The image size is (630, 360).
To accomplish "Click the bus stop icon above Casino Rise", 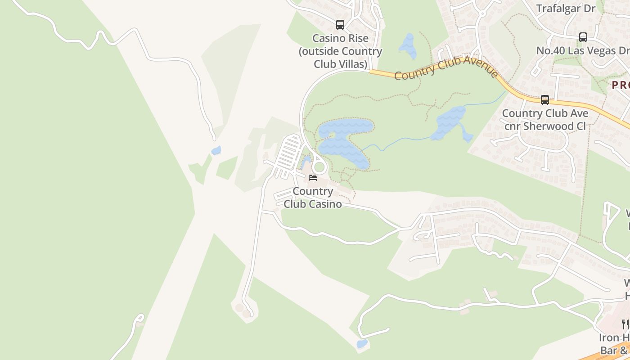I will [340, 25].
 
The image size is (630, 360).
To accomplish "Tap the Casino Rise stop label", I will [341, 51].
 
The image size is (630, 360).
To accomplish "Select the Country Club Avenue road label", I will [446, 68].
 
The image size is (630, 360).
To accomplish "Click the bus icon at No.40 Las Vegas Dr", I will [583, 37].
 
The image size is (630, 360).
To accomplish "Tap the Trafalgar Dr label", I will [566, 8].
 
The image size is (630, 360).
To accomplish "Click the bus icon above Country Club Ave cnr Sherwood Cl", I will [545, 100].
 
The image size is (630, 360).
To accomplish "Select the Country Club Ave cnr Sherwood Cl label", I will [545, 120].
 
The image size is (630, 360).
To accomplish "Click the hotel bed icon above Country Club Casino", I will [313, 178].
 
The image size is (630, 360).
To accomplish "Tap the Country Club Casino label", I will [313, 198].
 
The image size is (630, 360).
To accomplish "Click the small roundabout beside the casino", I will [319, 167].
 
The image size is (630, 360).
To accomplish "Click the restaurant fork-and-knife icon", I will [625, 324].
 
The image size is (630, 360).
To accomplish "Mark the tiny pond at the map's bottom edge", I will [361, 344].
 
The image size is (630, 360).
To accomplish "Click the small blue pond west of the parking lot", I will [216, 150].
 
